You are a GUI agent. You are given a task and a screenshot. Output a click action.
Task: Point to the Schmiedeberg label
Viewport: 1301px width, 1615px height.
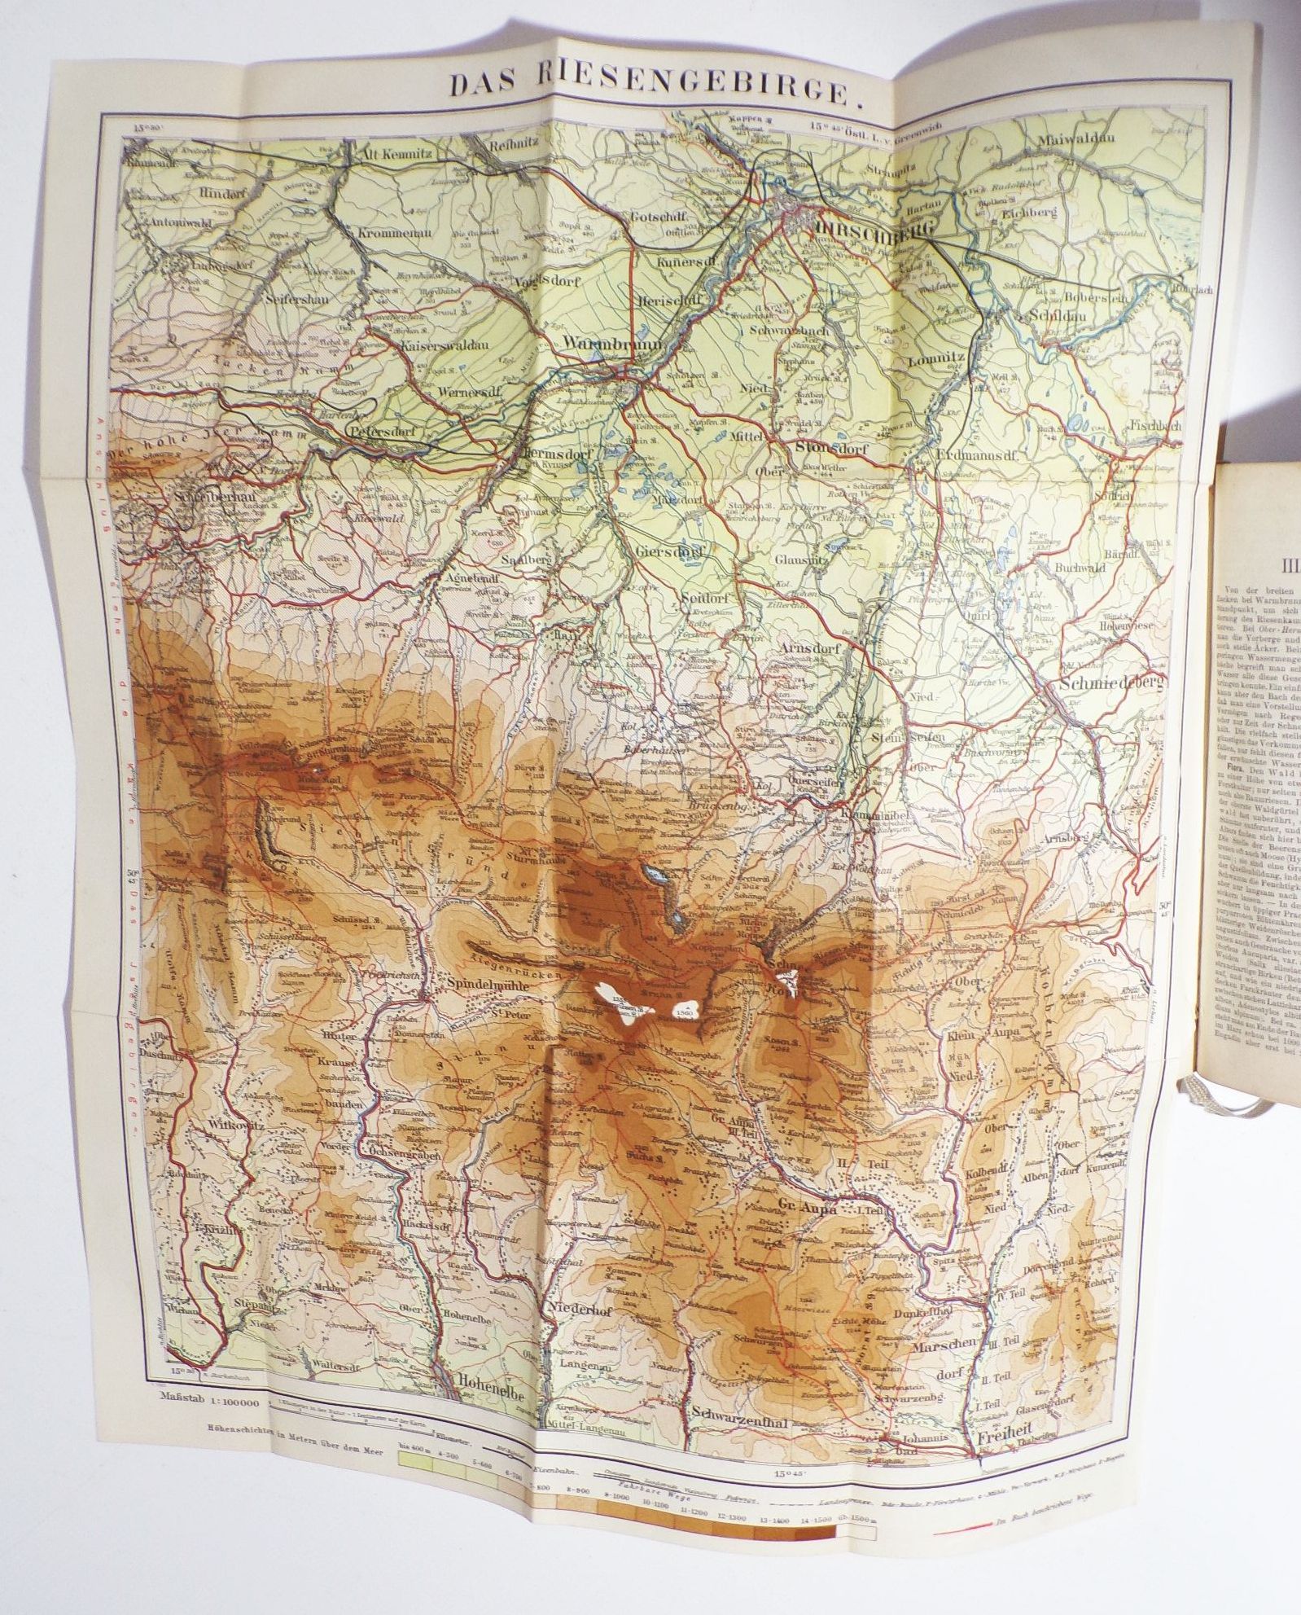pos(1112,684)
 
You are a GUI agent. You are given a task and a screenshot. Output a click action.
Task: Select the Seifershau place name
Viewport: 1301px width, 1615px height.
pos(296,299)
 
